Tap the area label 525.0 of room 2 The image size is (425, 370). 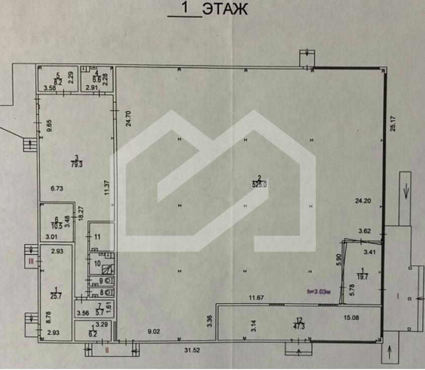coord(259,184)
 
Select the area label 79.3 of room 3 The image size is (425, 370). coord(77,163)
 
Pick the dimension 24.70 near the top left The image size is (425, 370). coord(128,119)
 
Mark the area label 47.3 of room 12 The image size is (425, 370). coord(300,325)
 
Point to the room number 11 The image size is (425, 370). coord(97,236)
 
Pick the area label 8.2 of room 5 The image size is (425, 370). coord(58,81)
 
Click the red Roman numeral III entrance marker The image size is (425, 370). coord(32,261)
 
